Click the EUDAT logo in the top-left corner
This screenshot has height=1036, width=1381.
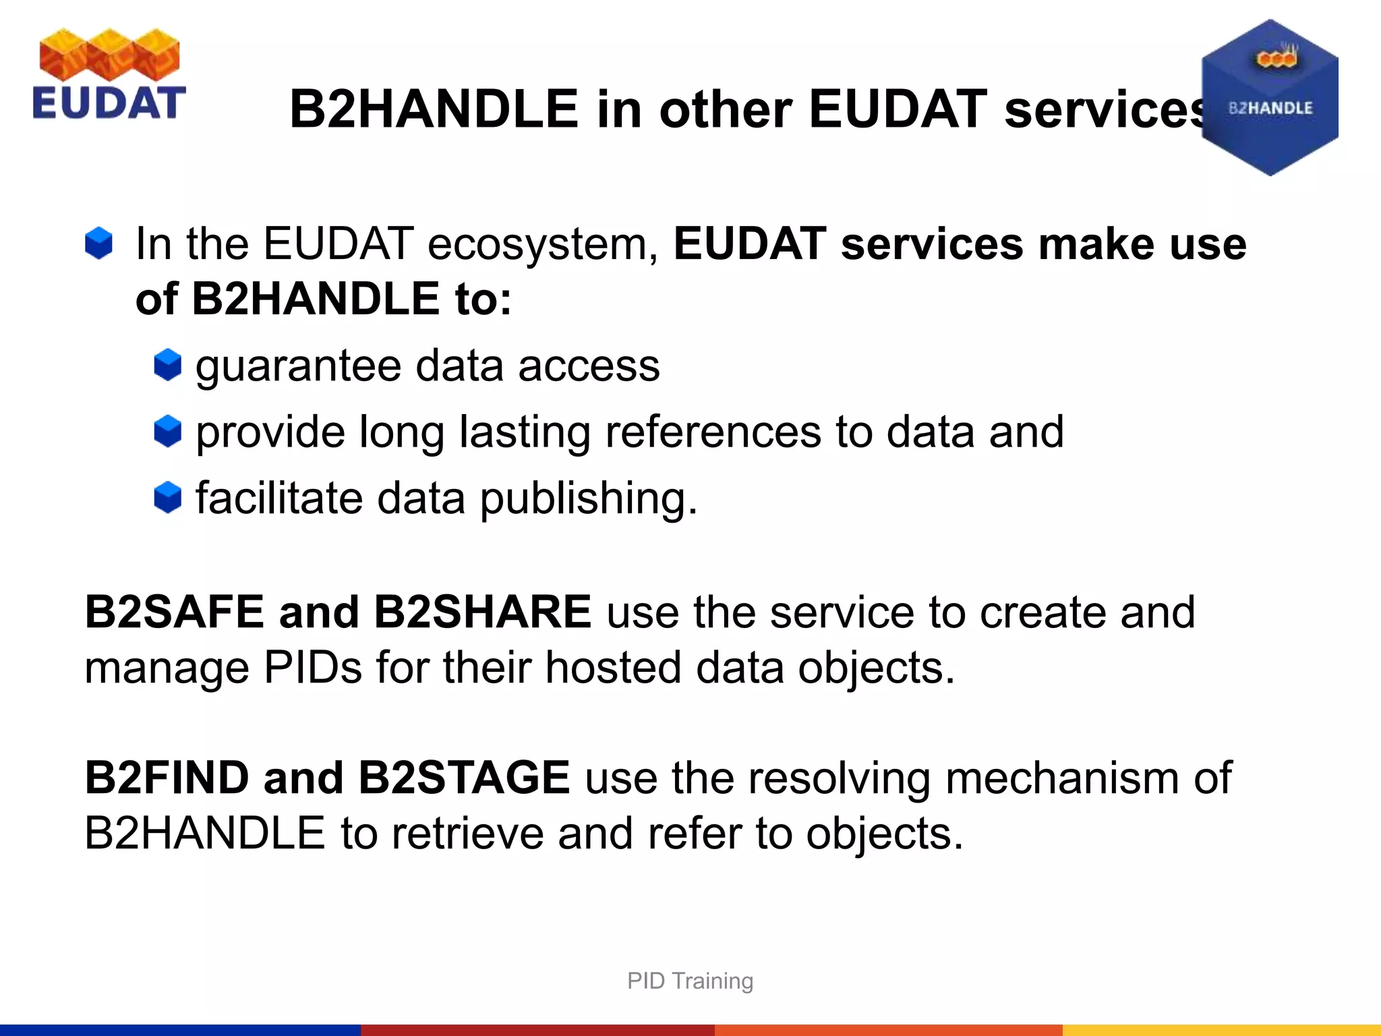pos(109,74)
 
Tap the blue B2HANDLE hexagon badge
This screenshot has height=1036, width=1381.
pos(1270,98)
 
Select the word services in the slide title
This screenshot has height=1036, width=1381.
pos(1106,109)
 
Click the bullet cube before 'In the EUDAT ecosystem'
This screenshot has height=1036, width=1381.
pos(99,243)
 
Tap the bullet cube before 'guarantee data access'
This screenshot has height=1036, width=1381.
pos(167,365)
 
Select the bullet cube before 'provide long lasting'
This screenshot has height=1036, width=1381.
pos(167,431)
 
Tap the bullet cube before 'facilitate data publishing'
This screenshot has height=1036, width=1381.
pos(167,498)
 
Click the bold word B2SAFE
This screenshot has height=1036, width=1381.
pos(174,612)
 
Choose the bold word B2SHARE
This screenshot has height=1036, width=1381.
pos(482,612)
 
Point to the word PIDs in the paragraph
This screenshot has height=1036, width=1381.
pos(312,668)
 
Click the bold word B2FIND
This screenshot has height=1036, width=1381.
pos(167,778)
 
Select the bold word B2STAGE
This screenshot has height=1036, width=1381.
pos(464,778)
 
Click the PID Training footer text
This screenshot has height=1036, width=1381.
pos(690,981)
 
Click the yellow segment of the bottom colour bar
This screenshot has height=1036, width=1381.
pos(1221,1030)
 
